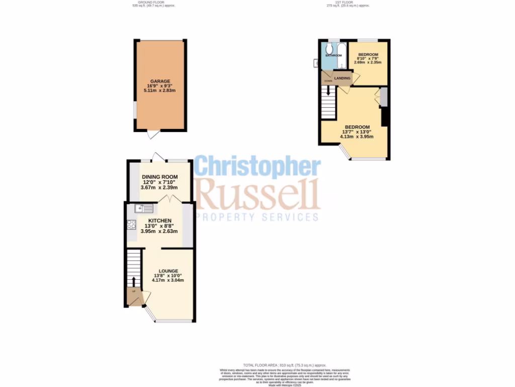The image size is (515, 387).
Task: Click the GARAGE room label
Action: coord(160,81)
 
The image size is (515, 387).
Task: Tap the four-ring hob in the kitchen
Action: coord(132,225)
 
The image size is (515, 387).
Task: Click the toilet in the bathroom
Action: coord(328,48)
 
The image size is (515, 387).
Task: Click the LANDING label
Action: coord(342,78)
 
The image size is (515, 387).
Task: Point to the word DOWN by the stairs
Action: coord(328,81)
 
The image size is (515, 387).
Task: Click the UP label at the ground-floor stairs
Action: coord(134,292)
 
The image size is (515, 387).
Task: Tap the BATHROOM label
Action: coord(333,55)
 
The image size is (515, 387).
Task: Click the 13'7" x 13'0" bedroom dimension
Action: coord(357,132)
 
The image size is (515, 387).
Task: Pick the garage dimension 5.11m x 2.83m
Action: coord(160,91)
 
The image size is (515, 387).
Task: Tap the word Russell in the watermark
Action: coord(257,194)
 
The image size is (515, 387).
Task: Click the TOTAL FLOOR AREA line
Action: coord(285,365)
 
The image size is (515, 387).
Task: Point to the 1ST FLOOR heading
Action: coord(347,3)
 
